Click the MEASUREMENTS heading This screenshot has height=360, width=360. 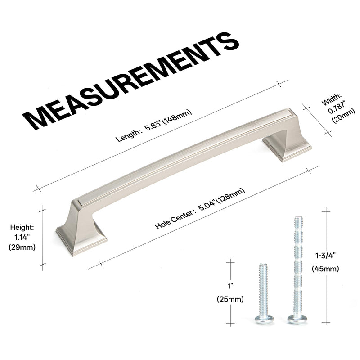click(x=130, y=81)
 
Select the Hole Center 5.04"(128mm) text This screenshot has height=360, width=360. click(x=200, y=208)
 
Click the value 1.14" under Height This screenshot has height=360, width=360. click(x=22, y=237)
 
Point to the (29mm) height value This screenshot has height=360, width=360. click(x=22, y=247)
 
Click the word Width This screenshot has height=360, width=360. click(x=332, y=99)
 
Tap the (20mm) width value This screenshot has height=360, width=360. click(x=344, y=117)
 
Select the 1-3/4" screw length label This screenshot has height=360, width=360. click(x=325, y=256)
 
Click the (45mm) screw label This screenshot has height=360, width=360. click(x=325, y=268)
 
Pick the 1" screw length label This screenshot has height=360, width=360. click(x=230, y=286)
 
